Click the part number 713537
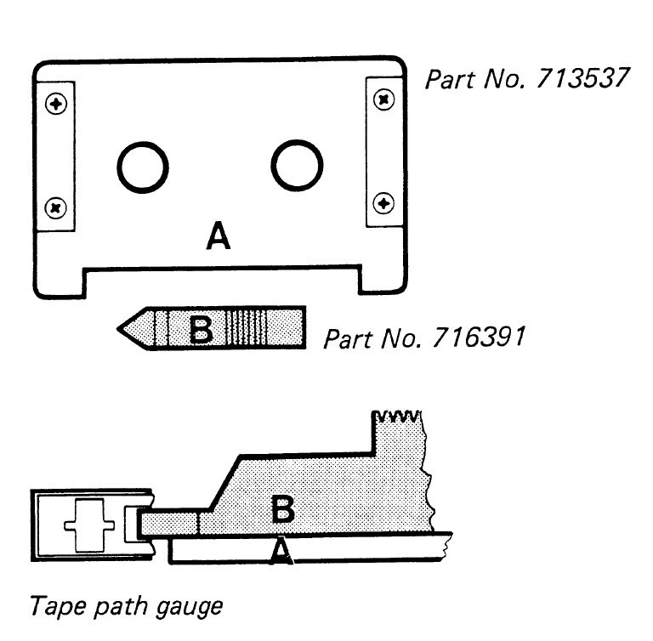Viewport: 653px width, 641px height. (582, 78)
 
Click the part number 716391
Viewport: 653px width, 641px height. (479, 338)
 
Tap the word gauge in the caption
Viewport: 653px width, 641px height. (190, 608)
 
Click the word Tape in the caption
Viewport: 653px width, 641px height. (57, 605)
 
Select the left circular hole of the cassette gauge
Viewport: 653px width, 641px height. (143, 167)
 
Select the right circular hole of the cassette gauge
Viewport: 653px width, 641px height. (297, 166)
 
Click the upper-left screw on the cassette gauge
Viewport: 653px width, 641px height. (56, 104)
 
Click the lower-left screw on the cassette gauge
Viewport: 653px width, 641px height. (55, 207)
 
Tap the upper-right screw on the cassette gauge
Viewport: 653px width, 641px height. (384, 99)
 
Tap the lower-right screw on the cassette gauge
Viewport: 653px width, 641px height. (383, 204)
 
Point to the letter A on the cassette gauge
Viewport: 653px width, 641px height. (219, 235)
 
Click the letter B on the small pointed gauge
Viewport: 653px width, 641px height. (202, 329)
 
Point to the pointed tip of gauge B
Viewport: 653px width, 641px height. (118, 329)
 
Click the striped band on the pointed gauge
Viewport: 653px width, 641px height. (246, 328)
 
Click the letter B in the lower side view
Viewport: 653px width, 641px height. (283, 508)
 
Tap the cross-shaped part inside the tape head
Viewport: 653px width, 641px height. (89, 525)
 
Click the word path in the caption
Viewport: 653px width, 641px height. (120, 607)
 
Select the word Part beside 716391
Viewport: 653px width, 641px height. (347, 338)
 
